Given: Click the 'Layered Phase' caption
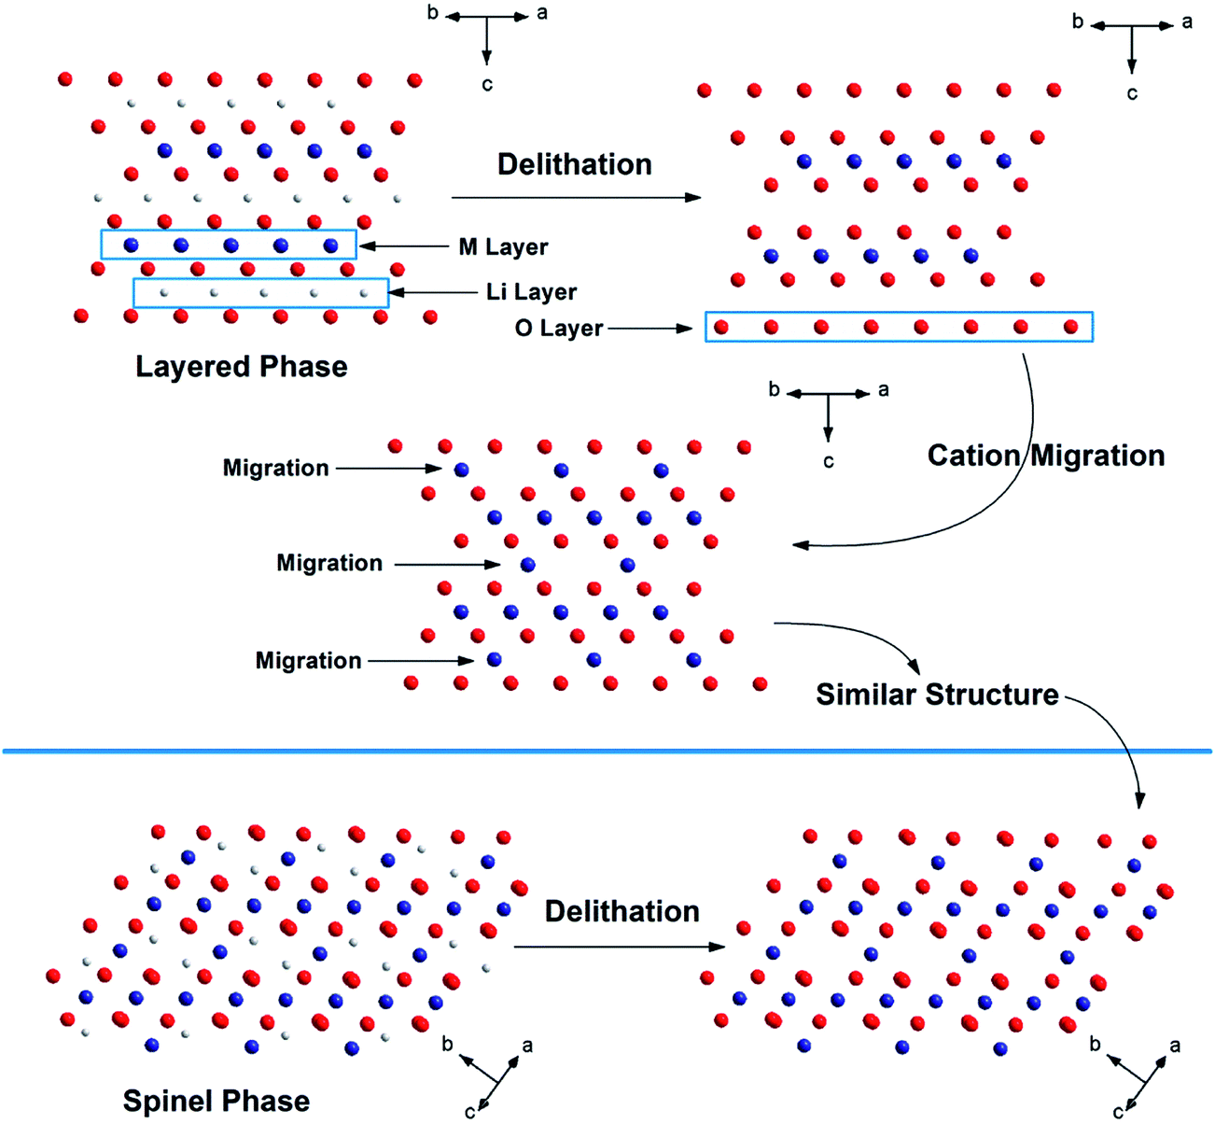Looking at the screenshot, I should (x=241, y=366).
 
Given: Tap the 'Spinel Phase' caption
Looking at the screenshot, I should (x=216, y=1101).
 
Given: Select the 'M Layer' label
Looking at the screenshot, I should (x=503, y=247).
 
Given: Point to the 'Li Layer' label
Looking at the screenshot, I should (x=531, y=292).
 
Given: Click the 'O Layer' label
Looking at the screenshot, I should (x=559, y=329).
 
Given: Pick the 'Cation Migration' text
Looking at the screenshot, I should (x=1045, y=456).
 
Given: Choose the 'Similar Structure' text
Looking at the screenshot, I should (x=937, y=695).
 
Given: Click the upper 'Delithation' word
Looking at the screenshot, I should (x=574, y=164).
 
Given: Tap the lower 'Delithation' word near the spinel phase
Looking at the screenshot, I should (x=621, y=911).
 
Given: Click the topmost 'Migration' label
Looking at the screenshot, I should (x=275, y=468).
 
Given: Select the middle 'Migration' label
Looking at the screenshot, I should (x=329, y=563).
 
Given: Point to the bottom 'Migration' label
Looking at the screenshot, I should (x=308, y=661).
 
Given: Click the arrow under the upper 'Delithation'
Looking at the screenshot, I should (x=575, y=197).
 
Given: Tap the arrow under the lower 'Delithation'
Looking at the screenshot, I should (x=619, y=947).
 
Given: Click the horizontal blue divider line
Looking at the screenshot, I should (x=607, y=751).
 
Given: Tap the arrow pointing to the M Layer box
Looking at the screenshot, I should (x=407, y=246).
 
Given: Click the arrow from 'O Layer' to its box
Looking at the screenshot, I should (x=652, y=329).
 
